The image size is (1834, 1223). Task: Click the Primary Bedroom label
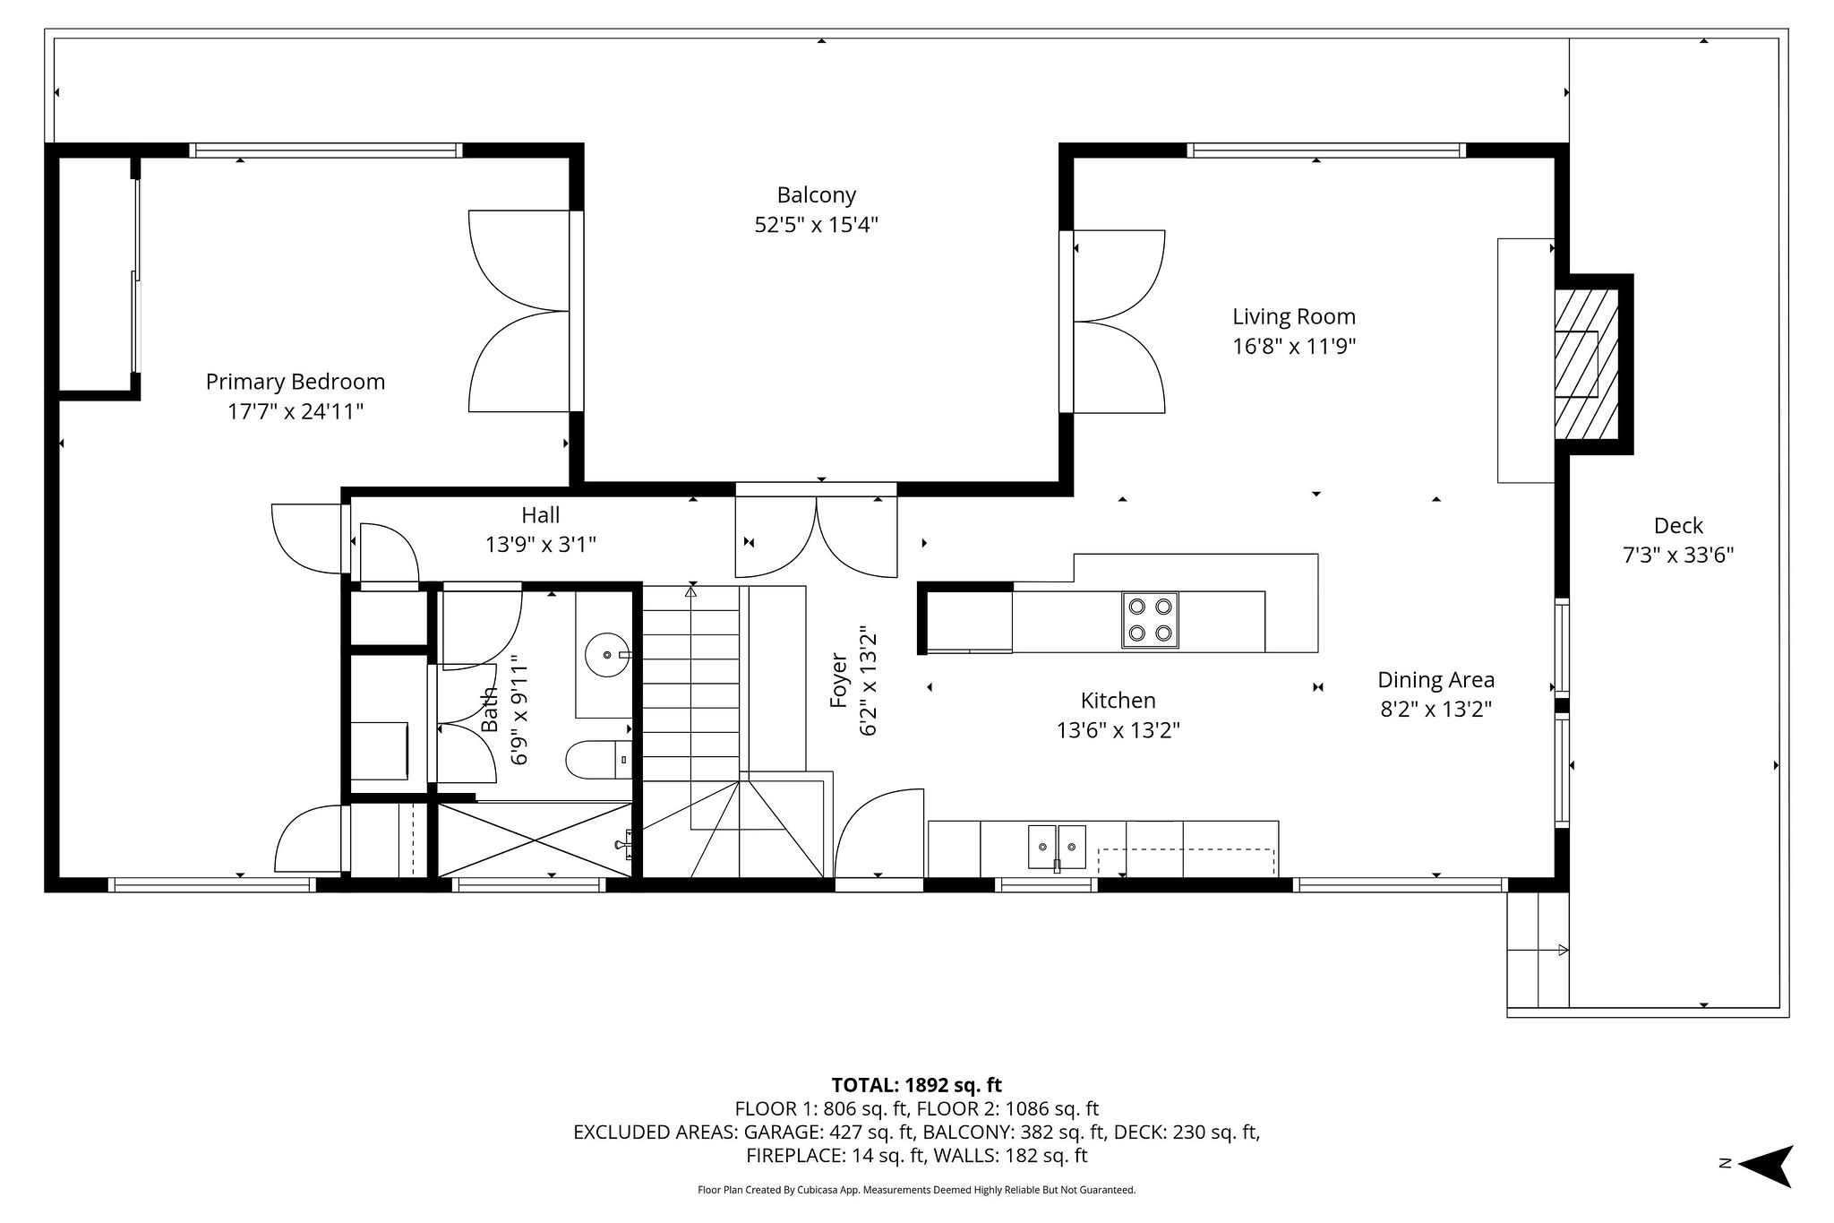[x=295, y=382]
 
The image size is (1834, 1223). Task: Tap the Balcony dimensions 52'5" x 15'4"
[x=816, y=225]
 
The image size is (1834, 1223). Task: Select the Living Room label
[x=1293, y=316]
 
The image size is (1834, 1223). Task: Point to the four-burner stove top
[x=1150, y=620]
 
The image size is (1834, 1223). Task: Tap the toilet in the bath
[x=597, y=760]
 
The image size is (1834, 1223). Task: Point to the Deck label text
[x=1677, y=526]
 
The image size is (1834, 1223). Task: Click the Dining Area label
[x=1435, y=680]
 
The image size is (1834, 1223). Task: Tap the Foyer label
[x=839, y=680]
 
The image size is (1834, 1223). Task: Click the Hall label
[x=540, y=515]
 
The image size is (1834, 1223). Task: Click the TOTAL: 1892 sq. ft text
[x=916, y=1086]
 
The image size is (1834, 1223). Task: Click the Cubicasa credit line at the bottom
[x=916, y=1191]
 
